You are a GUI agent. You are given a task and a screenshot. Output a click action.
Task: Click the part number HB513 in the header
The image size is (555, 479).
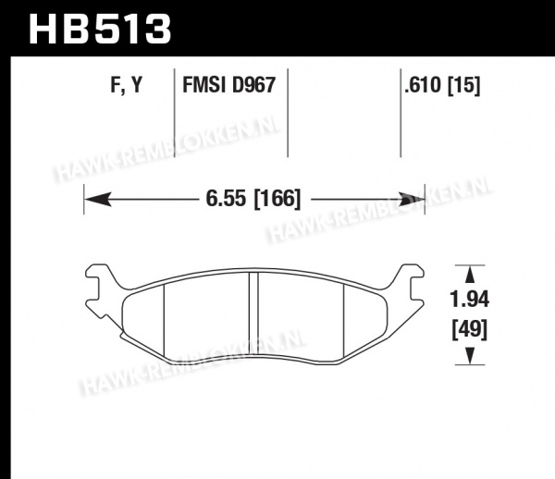(x=100, y=29)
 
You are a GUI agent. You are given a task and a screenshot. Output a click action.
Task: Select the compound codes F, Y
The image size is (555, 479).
(x=126, y=85)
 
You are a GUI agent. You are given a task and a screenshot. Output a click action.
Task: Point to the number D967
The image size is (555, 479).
(x=253, y=85)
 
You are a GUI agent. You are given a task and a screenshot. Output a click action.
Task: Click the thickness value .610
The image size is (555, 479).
(x=424, y=85)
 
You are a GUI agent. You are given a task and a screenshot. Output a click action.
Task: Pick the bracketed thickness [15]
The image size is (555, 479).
(x=464, y=85)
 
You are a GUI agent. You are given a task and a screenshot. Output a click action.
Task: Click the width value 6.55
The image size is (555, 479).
(x=226, y=199)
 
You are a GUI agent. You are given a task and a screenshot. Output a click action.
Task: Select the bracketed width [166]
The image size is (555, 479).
(x=277, y=199)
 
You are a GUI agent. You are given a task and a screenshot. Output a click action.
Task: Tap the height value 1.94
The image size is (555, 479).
(x=469, y=300)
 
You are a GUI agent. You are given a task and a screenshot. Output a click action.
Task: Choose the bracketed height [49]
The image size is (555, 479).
(x=469, y=329)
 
